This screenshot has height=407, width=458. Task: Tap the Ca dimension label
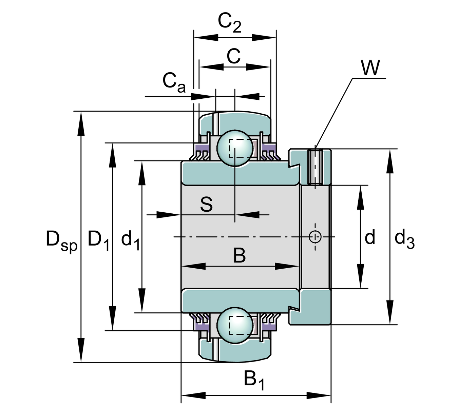point(174,82)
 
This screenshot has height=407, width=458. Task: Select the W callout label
point(370,68)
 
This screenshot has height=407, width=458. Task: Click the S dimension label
point(206,205)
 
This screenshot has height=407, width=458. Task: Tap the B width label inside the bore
point(240,256)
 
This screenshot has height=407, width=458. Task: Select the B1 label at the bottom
point(254,380)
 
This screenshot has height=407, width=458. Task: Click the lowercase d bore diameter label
point(370,237)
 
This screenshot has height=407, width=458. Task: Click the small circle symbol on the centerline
point(315,236)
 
